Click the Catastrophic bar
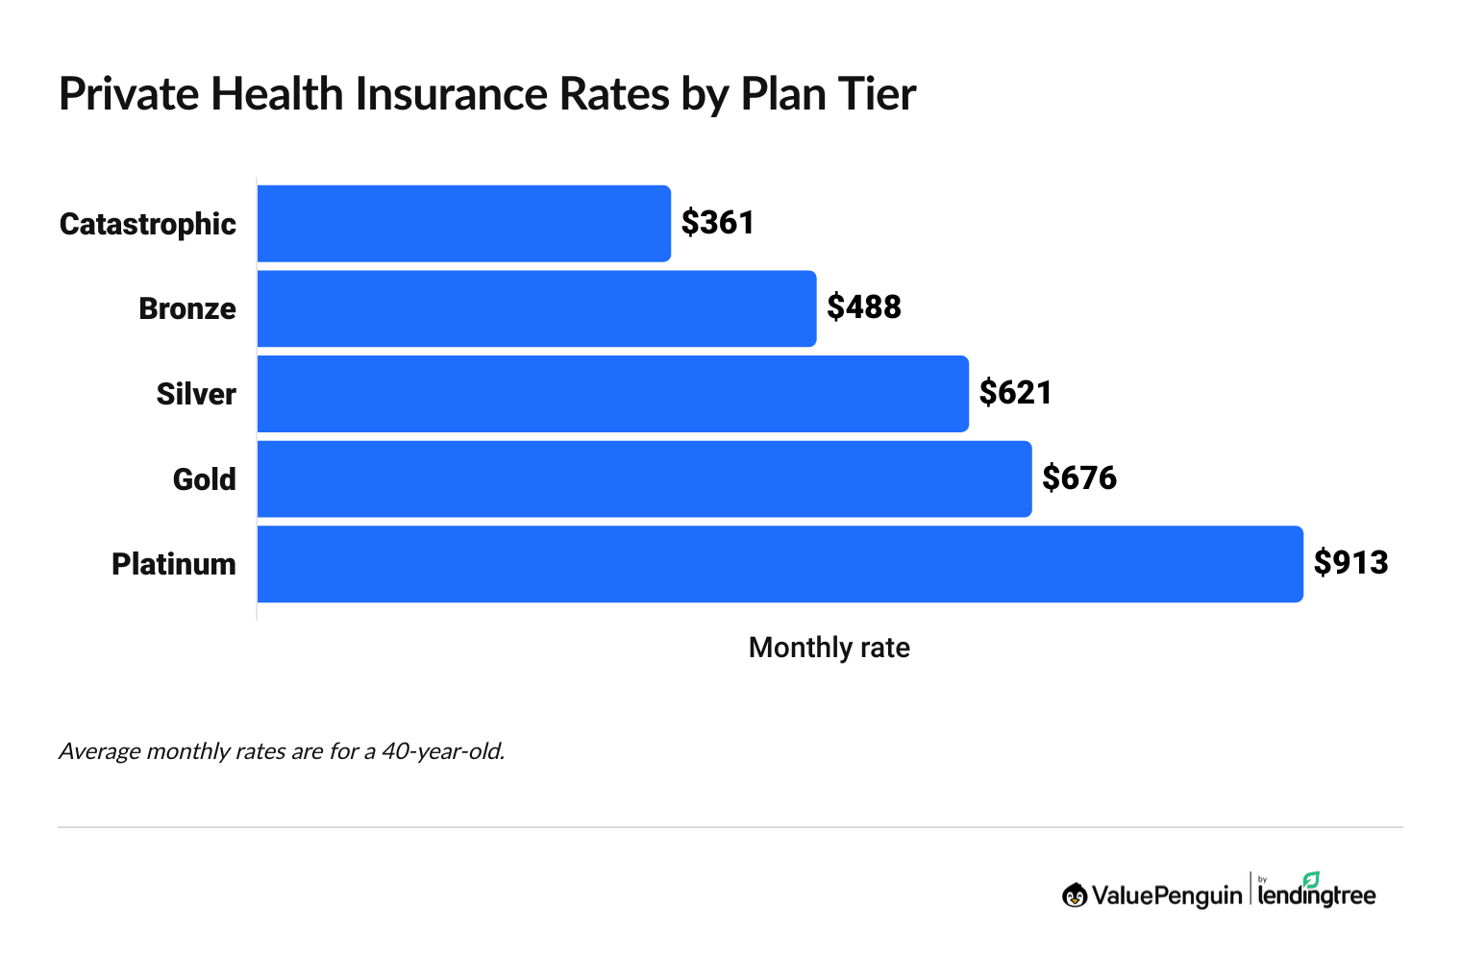click(463, 223)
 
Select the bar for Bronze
click(536, 308)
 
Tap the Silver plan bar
click(612, 393)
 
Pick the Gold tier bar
click(644, 478)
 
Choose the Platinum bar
click(780, 564)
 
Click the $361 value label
click(718, 223)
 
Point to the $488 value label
click(864, 307)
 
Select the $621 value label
click(1016, 393)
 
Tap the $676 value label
click(1079, 478)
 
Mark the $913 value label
click(1350, 563)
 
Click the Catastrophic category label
click(148, 225)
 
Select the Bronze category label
click(187, 309)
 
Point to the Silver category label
click(196, 395)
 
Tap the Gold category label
click(204, 479)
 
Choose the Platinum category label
click(174, 564)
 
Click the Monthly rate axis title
click(829, 649)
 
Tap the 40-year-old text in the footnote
click(442, 751)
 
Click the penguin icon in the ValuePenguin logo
click(1075, 895)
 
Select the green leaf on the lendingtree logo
click(1311, 879)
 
